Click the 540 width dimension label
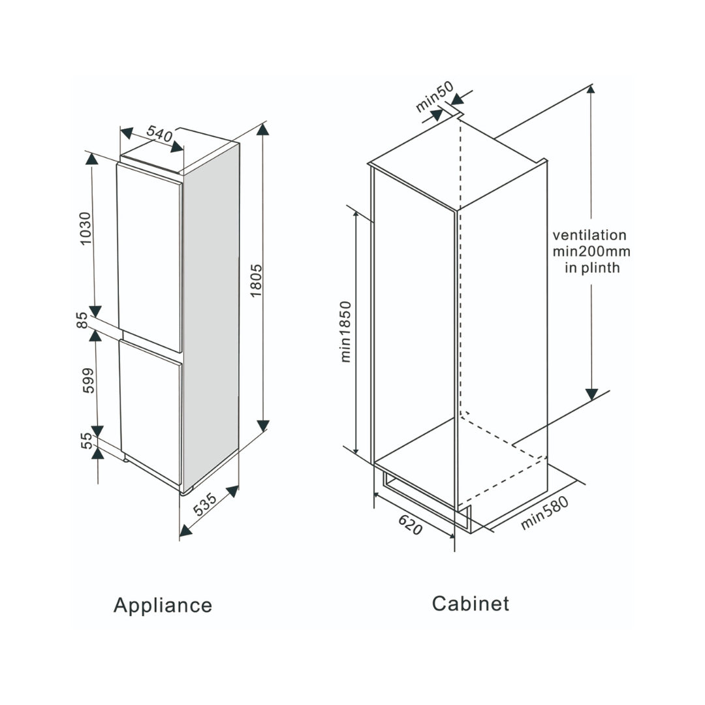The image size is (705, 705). (x=159, y=134)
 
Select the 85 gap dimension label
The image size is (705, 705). (x=82, y=320)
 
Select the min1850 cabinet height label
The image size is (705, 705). (x=345, y=332)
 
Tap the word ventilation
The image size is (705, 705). (x=589, y=235)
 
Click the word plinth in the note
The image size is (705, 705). (x=600, y=268)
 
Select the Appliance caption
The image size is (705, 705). (x=163, y=605)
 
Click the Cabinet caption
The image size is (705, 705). (x=470, y=603)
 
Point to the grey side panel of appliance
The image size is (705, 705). (x=211, y=313)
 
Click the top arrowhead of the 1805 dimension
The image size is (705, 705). (x=262, y=129)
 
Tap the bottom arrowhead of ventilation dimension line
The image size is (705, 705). (x=591, y=394)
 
